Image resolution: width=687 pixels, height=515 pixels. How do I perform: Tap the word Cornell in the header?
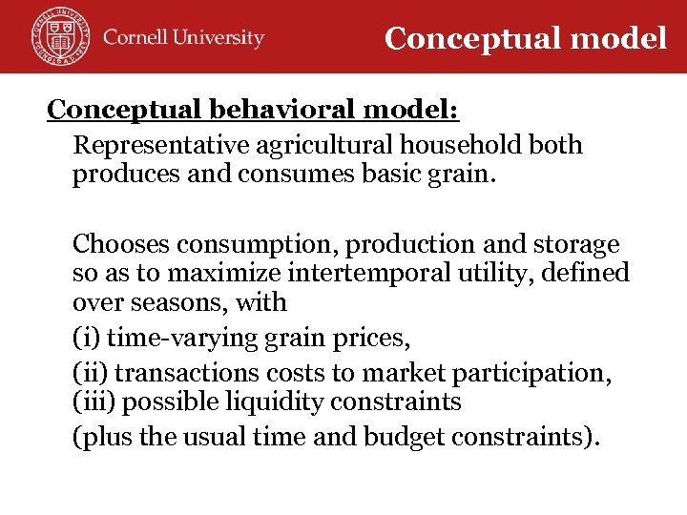[x=136, y=38]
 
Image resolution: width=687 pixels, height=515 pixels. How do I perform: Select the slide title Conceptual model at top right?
[x=526, y=38]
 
